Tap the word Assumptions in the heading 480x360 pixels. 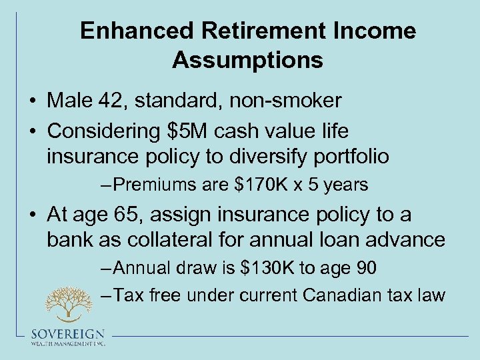(x=247, y=60)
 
